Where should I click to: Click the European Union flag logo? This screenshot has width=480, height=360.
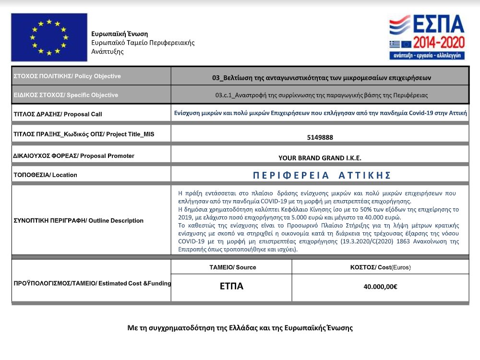[49, 37]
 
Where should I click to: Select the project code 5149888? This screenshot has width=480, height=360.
[320, 137]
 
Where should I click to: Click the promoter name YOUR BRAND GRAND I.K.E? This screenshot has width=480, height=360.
[320, 158]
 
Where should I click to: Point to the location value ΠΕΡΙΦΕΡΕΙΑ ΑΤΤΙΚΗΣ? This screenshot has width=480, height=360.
[322, 175]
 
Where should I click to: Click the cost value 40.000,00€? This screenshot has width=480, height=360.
[380, 287]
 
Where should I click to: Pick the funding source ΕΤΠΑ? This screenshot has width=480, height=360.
[231, 287]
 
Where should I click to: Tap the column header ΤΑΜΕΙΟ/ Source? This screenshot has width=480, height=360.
[231, 267]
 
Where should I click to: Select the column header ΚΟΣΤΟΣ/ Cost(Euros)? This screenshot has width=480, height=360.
[380, 267]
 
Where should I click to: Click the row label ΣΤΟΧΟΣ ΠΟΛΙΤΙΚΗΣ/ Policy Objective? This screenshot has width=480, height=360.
[67, 76]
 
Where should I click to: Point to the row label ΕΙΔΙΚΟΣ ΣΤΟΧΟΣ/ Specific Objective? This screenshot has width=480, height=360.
[66, 95]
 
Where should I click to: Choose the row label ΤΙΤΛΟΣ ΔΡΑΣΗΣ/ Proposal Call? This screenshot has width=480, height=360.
[58, 114]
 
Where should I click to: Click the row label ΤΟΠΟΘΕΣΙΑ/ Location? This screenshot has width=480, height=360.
[46, 175]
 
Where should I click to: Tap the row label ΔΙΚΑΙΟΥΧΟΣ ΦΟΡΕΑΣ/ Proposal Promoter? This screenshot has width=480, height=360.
[74, 156]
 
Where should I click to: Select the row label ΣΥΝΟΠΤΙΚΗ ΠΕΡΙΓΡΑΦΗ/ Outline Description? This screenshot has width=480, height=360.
[79, 221]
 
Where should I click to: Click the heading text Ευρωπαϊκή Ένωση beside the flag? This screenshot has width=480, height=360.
[120, 34]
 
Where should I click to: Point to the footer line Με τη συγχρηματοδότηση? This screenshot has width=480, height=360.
[240, 328]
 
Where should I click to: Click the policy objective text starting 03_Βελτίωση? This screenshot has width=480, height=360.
[322, 77]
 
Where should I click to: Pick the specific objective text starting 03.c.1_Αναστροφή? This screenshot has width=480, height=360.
[322, 95]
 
